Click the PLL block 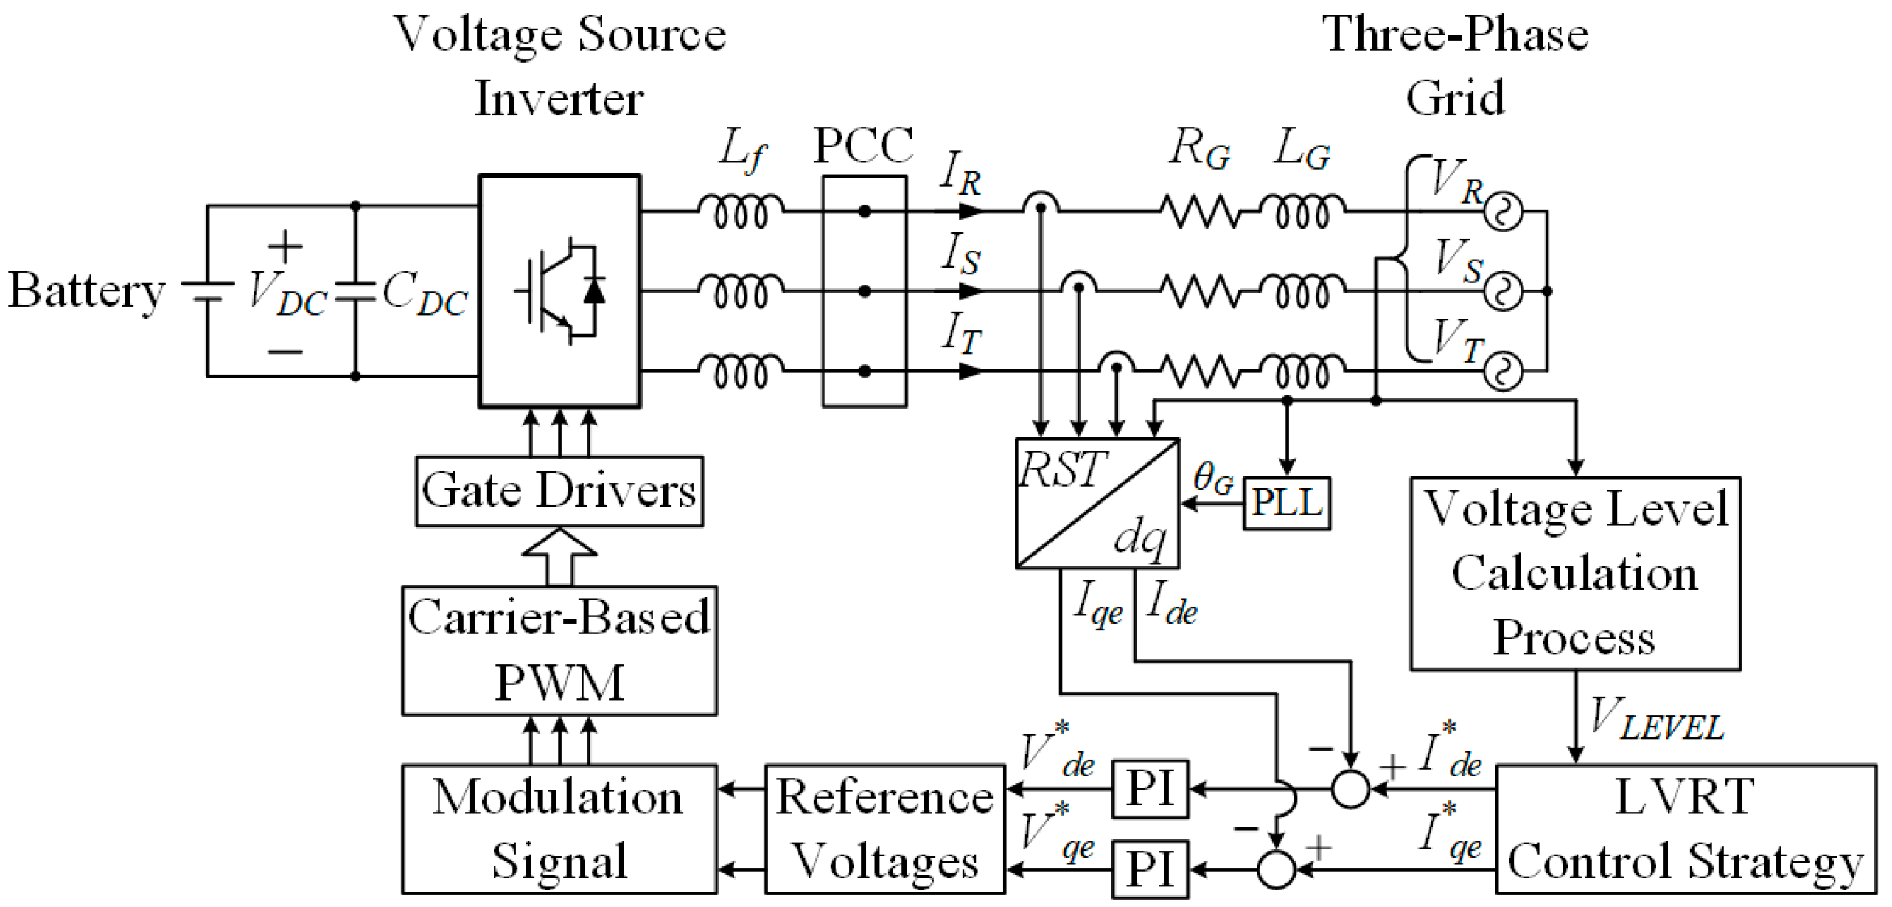click(x=1287, y=504)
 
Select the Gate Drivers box click(x=559, y=491)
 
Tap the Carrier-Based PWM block click(x=559, y=650)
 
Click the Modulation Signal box click(x=559, y=829)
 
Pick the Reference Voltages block click(x=884, y=829)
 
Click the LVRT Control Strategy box click(x=1685, y=829)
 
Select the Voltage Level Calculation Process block click(x=1575, y=574)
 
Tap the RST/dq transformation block click(x=1097, y=504)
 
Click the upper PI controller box click(x=1150, y=789)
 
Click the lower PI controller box click(x=1150, y=869)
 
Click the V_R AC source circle click(x=1502, y=212)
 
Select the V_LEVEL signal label click(x=1655, y=719)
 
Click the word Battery click(x=85, y=291)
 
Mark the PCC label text click(x=863, y=145)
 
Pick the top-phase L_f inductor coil click(x=741, y=211)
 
